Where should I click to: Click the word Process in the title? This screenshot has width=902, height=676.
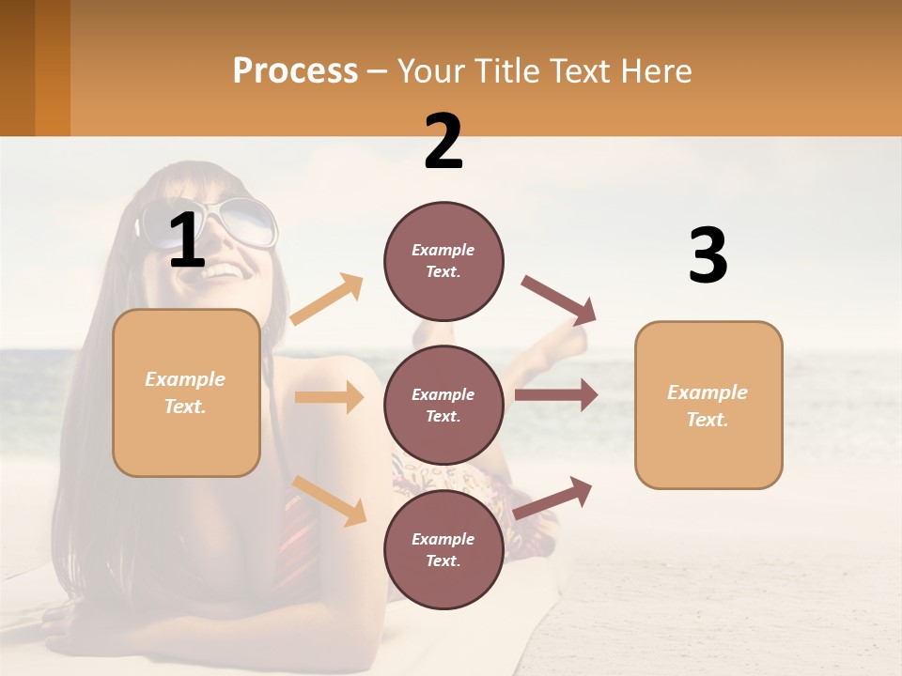(295, 71)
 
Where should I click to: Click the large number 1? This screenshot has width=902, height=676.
(187, 240)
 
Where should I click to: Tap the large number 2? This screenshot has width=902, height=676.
(443, 142)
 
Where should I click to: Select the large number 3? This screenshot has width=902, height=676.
(708, 256)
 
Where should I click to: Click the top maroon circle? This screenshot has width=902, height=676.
(443, 261)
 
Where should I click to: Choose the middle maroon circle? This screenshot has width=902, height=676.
(443, 405)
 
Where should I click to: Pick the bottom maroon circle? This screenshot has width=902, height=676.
(443, 549)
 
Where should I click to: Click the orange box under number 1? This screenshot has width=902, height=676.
(186, 392)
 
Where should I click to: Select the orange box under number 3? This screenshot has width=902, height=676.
(708, 405)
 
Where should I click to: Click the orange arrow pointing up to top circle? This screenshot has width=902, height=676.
(327, 300)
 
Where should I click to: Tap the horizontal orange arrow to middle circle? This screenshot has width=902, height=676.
(329, 397)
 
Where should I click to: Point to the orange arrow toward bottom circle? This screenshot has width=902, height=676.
(330, 499)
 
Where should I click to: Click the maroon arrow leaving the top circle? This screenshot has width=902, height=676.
(559, 300)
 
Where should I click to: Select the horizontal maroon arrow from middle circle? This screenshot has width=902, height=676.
(556, 395)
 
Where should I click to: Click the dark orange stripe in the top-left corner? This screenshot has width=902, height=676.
(52, 68)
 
